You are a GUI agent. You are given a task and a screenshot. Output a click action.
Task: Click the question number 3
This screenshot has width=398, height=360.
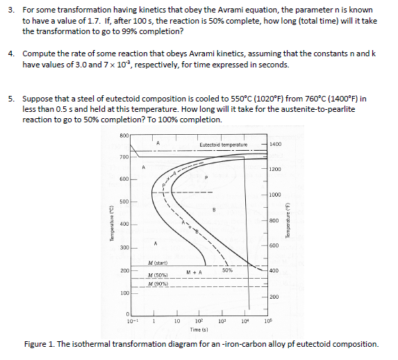[x=11, y=10]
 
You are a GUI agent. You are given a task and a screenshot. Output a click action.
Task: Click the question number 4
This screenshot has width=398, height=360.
[x=11, y=54]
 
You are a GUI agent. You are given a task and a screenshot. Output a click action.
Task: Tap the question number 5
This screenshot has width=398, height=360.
[x=11, y=99]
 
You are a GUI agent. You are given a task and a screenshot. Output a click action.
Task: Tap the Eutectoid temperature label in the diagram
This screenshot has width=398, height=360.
[x=222, y=144]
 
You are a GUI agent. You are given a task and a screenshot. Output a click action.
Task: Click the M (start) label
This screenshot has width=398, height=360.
[x=160, y=262]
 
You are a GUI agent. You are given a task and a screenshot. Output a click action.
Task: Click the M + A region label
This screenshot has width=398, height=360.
[x=194, y=272]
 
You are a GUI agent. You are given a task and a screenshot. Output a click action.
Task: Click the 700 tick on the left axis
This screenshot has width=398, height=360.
[x=124, y=156]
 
